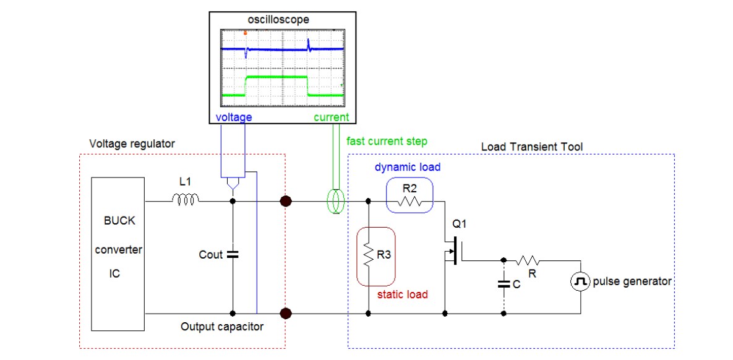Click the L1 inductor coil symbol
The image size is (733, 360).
[185, 199]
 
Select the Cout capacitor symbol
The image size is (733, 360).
[233, 254]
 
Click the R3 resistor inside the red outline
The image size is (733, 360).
[368, 254]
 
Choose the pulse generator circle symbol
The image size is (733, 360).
[580, 282]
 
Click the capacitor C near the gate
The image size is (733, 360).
[504, 285]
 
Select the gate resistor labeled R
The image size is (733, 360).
[530, 260]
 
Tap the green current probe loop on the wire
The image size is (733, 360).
[336, 201]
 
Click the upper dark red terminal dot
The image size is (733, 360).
[286, 200]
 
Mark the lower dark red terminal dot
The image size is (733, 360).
[286, 314]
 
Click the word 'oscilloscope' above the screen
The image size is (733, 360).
[278, 20]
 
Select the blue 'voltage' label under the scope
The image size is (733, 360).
[233, 117]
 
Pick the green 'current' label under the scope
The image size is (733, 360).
[332, 117]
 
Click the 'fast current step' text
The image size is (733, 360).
[387, 141]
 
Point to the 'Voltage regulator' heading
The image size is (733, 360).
[132, 144]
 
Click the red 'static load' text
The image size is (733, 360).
[403, 294]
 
